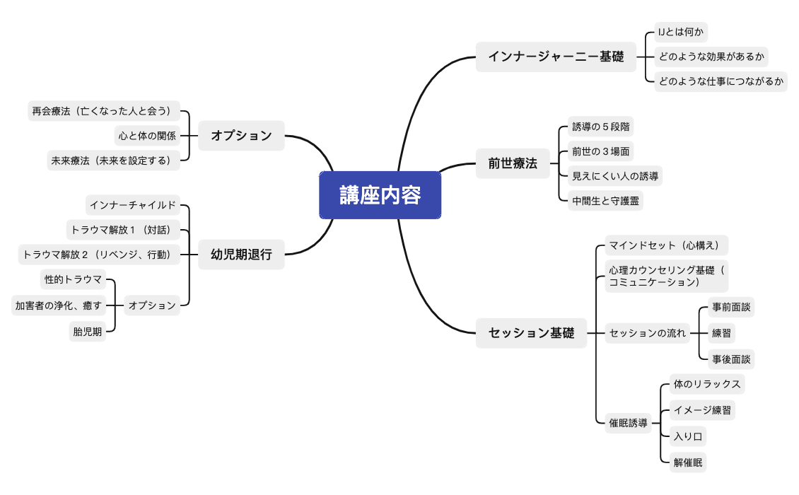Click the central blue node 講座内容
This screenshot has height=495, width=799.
(380, 195)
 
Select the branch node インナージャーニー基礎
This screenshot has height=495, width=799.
(556, 57)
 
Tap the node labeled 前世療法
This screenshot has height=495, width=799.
(513, 163)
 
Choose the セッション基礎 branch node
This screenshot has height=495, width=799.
(531, 332)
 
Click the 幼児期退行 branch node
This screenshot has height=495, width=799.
(241, 255)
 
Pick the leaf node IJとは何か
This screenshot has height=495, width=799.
(681, 33)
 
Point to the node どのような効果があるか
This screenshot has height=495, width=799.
(711, 57)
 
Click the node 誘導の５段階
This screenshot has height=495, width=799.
(601, 127)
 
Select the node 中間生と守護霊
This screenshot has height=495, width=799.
(606, 200)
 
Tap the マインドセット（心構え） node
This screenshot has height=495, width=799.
(664, 245)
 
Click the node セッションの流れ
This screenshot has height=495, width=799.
(648, 332)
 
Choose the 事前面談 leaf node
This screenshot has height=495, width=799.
(732, 308)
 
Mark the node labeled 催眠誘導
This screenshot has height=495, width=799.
(628, 423)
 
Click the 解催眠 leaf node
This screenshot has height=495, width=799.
(688, 462)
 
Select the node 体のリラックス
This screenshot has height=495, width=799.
(707, 384)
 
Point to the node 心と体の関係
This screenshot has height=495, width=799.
(147, 135)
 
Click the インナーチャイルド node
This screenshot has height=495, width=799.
(132, 205)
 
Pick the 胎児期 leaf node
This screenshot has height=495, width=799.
(87, 331)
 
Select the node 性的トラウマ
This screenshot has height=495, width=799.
(74, 279)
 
